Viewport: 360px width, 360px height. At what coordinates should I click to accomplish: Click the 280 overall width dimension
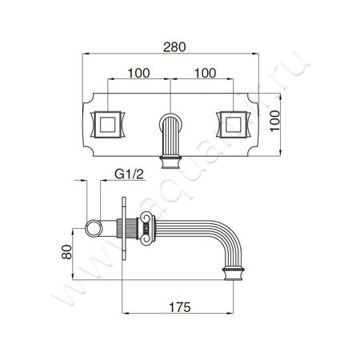[x=174, y=47]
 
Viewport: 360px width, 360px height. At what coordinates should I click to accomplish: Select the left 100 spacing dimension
[x=138, y=73]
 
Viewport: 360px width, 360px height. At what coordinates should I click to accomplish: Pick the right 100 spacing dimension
[x=205, y=73]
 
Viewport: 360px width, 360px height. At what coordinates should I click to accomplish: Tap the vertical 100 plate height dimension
[x=275, y=121]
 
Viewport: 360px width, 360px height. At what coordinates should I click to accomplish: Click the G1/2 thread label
[x=129, y=174]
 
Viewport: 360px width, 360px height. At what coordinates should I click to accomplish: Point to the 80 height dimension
[x=66, y=252]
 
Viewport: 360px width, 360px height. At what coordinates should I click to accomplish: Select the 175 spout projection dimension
[x=180, y=307]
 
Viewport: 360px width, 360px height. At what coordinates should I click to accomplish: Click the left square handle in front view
[x=108, y=125]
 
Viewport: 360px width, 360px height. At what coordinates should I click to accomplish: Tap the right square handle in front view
[x=233, y=125]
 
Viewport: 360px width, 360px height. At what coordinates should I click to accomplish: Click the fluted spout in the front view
[x=170, y=136]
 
